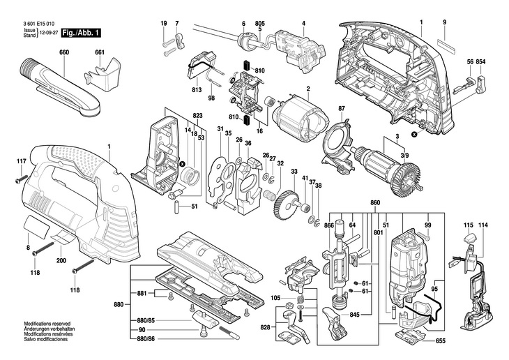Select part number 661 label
(100, 52)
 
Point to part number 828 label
(266, 327)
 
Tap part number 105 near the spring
(276, 299)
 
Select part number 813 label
(197, 91)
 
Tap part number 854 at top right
(481, 63)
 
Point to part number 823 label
(198, 115)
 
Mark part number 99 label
(428, 225)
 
